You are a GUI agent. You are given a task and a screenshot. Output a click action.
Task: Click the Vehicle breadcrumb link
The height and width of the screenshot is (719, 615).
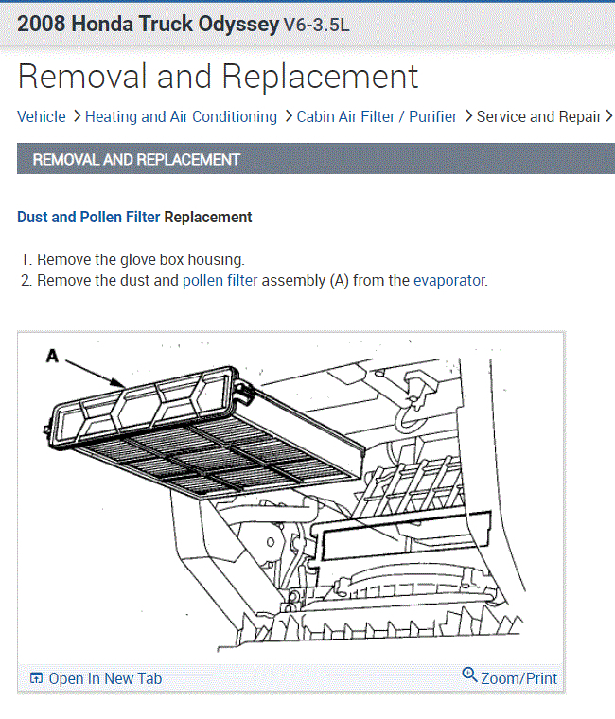[x=42, y=116]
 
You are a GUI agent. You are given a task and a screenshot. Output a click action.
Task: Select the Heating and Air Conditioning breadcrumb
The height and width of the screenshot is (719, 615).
[x=181, y=116]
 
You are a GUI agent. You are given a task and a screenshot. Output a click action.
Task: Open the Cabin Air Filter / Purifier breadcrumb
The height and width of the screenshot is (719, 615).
[x=377, y=116]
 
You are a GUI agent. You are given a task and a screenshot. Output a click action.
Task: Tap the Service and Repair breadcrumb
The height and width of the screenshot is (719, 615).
[x=538, y=116]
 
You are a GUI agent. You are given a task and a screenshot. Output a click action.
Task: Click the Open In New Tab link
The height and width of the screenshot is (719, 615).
[x=105, y=678]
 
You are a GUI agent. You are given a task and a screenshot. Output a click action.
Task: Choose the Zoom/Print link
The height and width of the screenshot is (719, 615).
[x=518, y=678]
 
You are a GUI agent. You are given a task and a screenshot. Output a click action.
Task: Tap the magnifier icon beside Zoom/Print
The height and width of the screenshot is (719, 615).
[x=469, y=675]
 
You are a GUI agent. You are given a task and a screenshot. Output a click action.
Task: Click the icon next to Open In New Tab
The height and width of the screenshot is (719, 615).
[x=36, y=678]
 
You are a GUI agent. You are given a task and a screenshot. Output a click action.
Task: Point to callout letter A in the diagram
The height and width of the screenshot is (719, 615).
[x=52, y=356]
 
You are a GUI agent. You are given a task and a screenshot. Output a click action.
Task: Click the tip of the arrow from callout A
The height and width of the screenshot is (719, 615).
[x=125, y=383]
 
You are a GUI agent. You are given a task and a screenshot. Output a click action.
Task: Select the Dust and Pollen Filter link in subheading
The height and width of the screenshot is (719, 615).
[x=89, y=217]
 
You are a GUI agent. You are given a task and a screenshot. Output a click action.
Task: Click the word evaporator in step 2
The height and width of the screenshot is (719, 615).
[x=449, y=280]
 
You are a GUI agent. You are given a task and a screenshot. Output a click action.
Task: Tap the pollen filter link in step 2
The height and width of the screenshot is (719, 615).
[x=220, y=280]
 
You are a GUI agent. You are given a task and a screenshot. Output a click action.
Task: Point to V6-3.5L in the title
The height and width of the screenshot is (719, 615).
[x=316, y=26]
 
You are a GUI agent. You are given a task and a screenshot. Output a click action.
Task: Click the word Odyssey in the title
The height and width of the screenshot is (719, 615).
[x=231, y=24]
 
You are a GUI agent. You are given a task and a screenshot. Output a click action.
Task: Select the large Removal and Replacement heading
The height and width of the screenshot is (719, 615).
[x=218, y=76]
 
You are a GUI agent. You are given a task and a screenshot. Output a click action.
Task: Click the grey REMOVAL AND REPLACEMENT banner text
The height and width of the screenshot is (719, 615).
[x=136, y=159]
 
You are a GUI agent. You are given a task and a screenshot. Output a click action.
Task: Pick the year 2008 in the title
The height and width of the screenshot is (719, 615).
[x=42, y=24]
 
